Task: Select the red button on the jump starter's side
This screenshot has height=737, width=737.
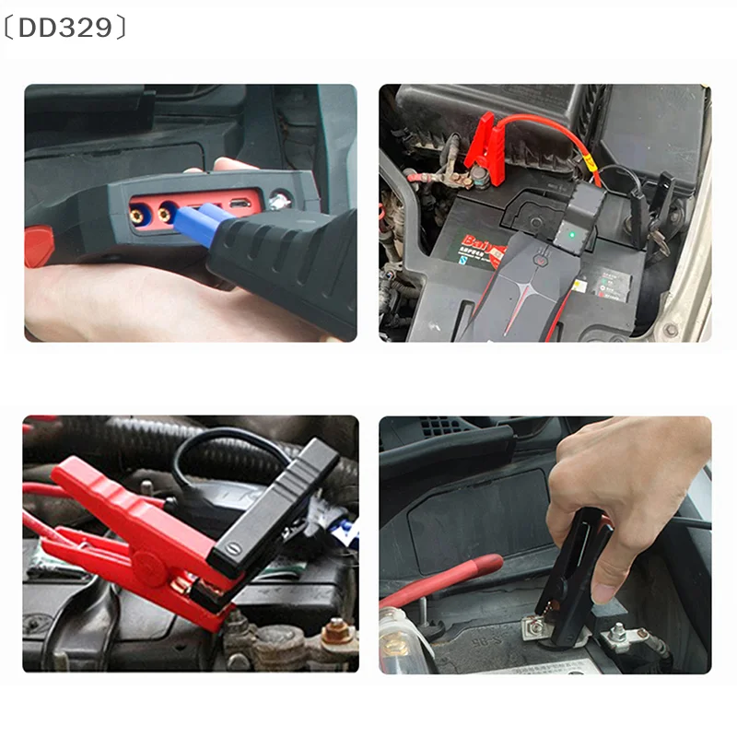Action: tap(38, 247)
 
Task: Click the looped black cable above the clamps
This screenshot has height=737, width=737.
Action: tap(221, 442)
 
